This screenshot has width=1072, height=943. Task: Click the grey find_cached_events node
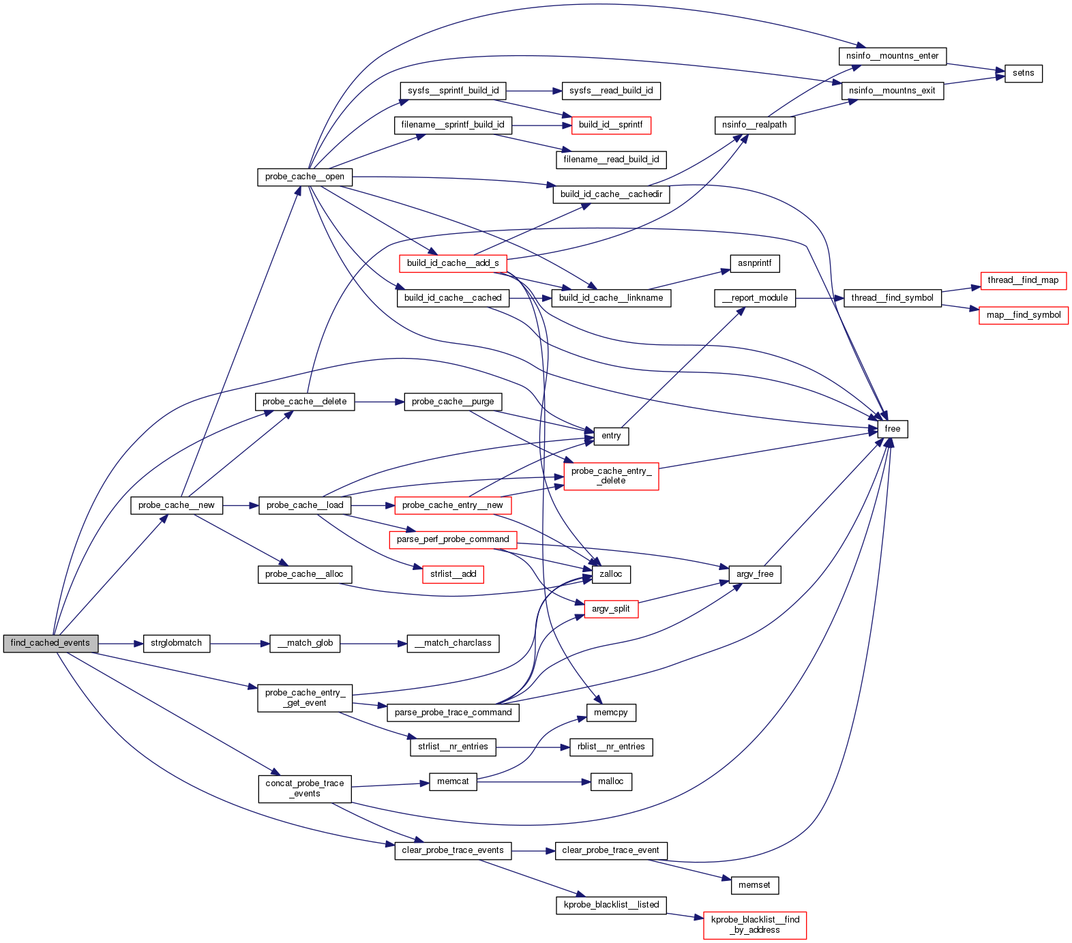tap(50, 643)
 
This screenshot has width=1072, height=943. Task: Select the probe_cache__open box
tap(304, 177)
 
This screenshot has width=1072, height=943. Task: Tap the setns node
tap(1023, 73)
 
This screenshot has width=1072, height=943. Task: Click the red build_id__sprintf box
tap(610, 125)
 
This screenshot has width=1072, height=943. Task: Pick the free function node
tap(892, 429)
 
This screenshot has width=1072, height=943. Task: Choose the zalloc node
tap(610, 574)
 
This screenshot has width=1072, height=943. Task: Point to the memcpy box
tap(610, 713)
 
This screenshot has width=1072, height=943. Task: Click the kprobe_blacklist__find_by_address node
tap(754, 925)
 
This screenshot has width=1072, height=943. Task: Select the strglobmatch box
tap(176, 643)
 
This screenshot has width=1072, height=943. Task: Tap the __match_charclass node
tap(453, 643)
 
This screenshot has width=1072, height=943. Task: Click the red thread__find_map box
tap(1022, 280)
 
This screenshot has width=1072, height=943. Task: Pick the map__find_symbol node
tap(1023, 315)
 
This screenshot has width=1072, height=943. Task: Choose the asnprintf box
tap(754, 263)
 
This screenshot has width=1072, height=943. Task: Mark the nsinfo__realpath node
tap(754, 125)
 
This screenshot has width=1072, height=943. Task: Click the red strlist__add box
tap(453, 574)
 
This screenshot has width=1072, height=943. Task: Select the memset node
tap(754, 885)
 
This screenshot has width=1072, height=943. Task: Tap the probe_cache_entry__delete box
tap(611, 476)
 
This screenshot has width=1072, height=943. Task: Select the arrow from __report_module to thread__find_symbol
tap(819, 298)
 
